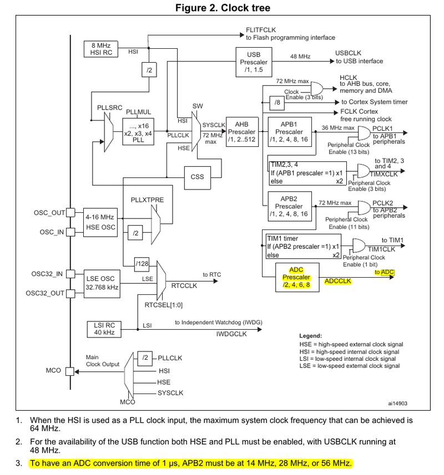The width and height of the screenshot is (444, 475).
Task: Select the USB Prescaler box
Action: (253, 61)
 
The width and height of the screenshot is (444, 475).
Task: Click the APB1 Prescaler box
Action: (289, 131)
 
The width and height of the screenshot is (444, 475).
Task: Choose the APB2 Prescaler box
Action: (289, 206)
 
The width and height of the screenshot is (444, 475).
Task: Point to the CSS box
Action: (197, 177)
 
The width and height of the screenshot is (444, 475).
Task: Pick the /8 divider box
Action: (277, 102)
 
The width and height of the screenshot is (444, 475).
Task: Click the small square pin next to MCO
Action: (70, 371)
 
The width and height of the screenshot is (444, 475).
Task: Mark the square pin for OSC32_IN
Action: (70, 273)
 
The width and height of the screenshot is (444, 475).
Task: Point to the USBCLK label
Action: (348, 53)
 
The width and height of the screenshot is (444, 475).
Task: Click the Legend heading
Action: (311, 336)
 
